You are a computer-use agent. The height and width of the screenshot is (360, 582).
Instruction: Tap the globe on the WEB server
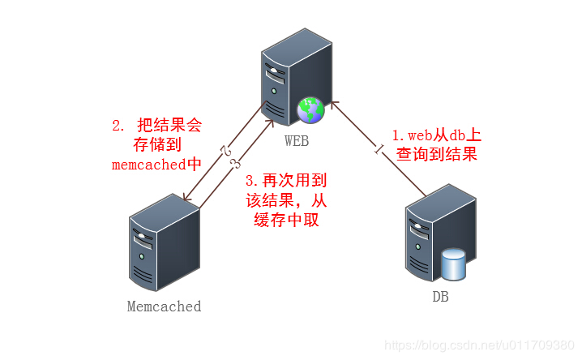pos(310,109)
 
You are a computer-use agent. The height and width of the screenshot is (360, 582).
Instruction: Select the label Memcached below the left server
pos(164,306)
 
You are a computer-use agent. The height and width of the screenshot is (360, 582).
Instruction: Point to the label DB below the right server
pos(440,298)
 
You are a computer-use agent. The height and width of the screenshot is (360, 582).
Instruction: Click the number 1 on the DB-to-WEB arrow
pos(377,148)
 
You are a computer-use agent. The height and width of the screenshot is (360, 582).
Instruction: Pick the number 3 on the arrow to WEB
pos(234,165)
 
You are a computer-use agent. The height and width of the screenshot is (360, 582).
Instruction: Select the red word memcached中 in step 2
pos(156,165)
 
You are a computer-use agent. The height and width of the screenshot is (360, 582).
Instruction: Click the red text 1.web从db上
pos(436,135)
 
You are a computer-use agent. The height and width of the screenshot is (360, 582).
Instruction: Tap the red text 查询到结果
pos(437,154)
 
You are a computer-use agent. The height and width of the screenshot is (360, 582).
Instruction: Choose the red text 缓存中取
pos(286,219)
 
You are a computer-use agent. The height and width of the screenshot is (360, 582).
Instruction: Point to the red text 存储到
pos(156,145)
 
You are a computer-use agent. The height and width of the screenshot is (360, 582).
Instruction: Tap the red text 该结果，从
pos(286,199)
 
